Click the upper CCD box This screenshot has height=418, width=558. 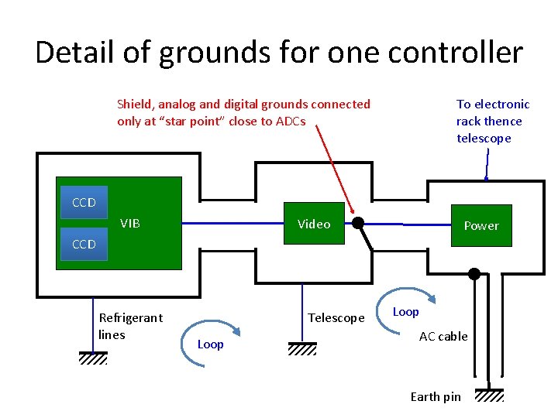pos(84,202)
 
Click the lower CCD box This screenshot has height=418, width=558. pos(84,244)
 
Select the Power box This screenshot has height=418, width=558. pos(481,225)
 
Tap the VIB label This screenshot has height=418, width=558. pos(130,224)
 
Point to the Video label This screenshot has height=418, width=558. pos(314,224)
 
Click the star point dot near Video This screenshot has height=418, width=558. pos(358,224)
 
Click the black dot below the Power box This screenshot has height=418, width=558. pos(474,273)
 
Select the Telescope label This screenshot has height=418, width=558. pos(336,318)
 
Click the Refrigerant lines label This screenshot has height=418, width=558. pos(130,326)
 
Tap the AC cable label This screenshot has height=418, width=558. pos(443,336)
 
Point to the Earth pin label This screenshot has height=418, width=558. pos(435,397)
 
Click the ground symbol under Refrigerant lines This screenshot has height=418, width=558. pos(93,358)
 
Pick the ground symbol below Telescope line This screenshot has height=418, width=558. pos(302,348)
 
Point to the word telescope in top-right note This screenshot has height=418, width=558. pos(484,139)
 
